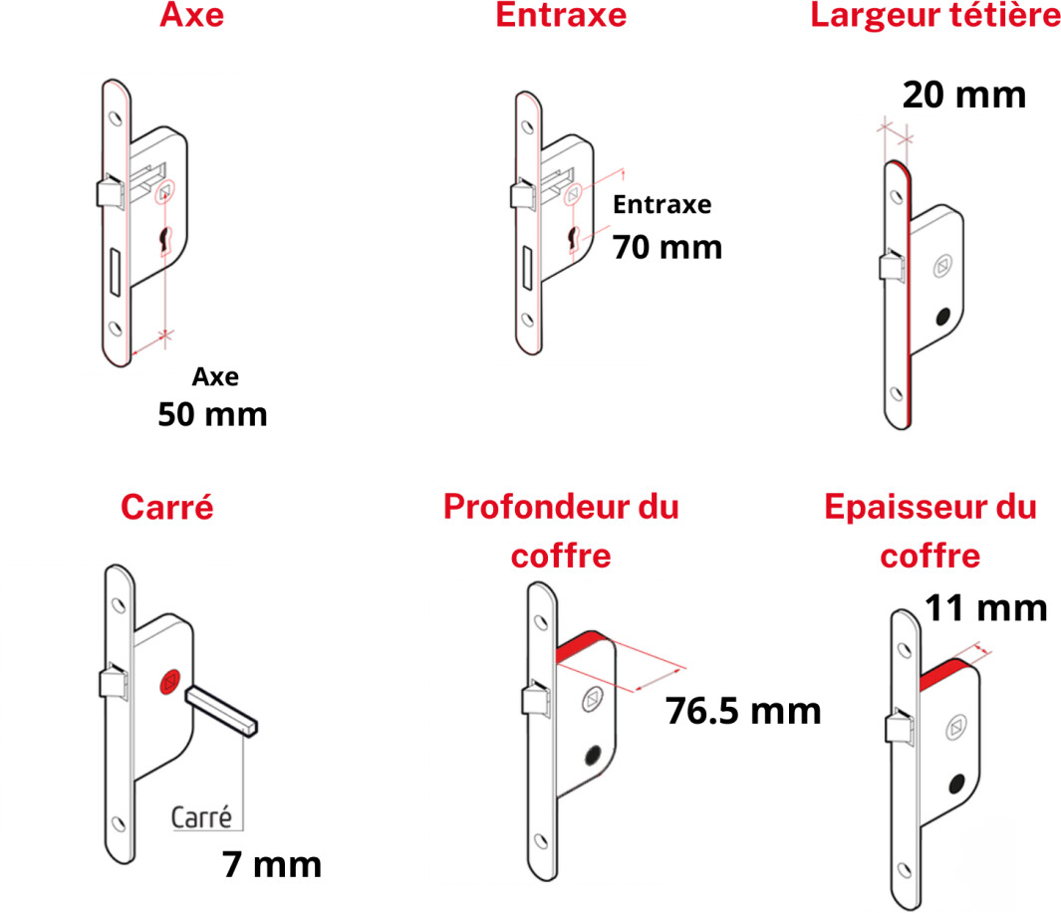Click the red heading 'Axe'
191,15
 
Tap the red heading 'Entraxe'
561,15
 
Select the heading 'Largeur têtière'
935,15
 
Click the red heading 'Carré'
167,507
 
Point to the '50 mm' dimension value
212,414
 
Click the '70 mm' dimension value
667,247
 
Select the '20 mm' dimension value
964,95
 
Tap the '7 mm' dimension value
272,865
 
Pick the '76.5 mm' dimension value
743,711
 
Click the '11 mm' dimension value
986,608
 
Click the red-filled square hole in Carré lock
169,682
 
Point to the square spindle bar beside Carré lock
221,711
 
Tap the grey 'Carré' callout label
201,817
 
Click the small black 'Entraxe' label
662,204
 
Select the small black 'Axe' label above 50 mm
215,376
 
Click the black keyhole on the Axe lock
165,240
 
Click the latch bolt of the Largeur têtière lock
892,265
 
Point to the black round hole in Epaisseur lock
956,784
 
